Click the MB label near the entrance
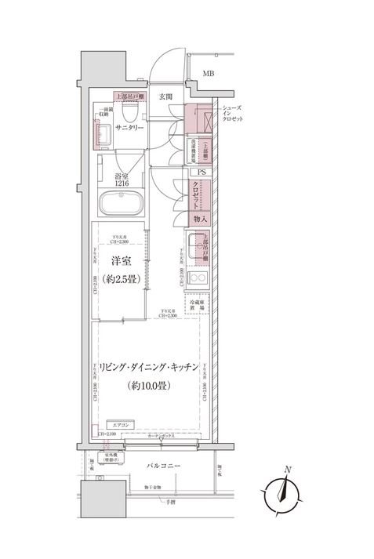pos(208,74)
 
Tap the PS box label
pos(202,172)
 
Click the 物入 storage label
pos(201,219)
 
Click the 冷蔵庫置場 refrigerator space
pos(198,304)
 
